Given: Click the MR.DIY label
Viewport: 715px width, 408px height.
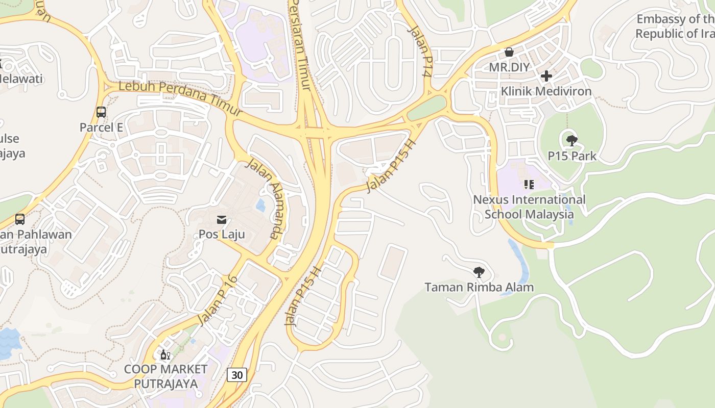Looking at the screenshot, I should click(x=509, y=67).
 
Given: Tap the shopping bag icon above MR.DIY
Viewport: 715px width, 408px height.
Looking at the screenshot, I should click(x=509, y=52).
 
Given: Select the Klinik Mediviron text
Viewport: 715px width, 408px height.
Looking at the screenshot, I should click(x=546, y=91).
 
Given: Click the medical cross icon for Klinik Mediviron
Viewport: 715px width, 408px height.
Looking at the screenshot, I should click(x=546, y=76).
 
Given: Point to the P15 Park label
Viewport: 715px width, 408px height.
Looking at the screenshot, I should click(x=572, y=156).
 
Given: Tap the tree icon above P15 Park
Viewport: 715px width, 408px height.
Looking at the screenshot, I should click(x=572, y=140).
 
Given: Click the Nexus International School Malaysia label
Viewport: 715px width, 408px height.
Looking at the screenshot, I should click(x=529, y=207).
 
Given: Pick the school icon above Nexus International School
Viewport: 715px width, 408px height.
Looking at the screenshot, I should click(x=529, y=184).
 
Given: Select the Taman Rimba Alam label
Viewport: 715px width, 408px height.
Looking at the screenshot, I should click(x=479, y=287).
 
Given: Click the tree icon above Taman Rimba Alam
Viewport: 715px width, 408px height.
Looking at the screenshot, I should click(x=479, y=272).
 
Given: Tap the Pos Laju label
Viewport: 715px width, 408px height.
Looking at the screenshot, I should click(x=222, y=235).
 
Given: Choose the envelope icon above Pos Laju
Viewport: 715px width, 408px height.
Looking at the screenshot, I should click(x=222, y=220).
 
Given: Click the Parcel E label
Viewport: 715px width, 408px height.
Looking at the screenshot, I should click(x=101, y=127).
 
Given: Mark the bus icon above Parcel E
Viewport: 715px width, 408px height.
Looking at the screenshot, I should click(x=101, y=112).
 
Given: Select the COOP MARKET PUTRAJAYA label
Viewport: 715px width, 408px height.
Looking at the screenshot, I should click(x=166, y=376).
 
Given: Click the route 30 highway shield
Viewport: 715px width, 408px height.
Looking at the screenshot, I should click(x=237, y=375).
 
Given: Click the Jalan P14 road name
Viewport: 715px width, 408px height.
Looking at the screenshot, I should click(x=420, y=51).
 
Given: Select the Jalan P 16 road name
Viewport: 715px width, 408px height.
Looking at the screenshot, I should click(x=218, y=300).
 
